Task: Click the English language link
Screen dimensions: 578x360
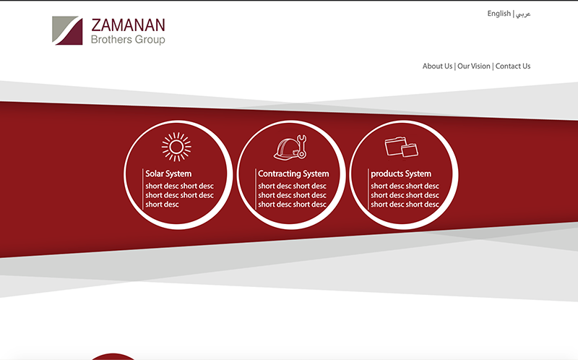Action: pos(499,14)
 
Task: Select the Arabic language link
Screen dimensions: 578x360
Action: pos(523,14)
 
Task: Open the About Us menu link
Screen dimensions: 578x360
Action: pos(437,66)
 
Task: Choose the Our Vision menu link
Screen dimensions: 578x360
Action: pos(474,66)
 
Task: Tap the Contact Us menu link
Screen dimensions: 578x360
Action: pos(513,66)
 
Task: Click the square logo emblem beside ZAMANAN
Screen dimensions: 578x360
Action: pos(67,30)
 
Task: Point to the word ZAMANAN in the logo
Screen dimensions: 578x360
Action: pos(128,25)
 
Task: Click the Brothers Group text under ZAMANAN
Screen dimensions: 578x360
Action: pos(128,40)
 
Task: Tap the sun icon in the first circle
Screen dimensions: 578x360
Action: pos(176,147)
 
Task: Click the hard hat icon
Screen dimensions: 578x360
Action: pos(286,149)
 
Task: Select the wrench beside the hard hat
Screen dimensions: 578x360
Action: pos(301,147)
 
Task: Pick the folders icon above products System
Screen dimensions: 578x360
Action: pos(402,147)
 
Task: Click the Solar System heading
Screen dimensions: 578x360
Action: pos(168,173)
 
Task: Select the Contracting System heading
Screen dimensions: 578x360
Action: pos(293,173)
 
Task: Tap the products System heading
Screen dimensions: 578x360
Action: pos(401,173)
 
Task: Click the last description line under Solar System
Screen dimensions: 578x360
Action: pos(162,205)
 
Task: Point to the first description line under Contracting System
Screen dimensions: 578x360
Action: pos(292,186)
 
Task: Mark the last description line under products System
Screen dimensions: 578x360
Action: pos(405,205)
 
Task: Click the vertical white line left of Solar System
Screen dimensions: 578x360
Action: pos(142,189)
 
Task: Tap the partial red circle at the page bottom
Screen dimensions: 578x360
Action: pos(113,357)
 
